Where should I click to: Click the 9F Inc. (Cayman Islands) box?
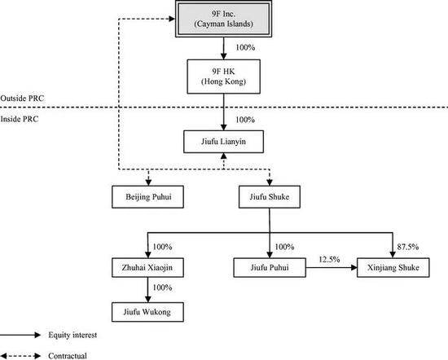pyautogui.click(x=223, y=19)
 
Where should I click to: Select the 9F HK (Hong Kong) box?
pyautogui.click(x=223, y=77)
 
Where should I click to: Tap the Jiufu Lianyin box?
pyautogui.click(x=223, y=142)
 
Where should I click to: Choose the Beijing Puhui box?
pyautogui.click(x=147, y=197)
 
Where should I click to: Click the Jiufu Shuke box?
pyautogui.click(x=270, y=197)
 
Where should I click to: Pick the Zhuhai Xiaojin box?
pyautogui.click(x=147, y=268)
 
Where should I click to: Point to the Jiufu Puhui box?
pyautogui.click(x=270, y=268)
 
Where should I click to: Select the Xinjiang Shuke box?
pyautogui.click(x=393, y=268)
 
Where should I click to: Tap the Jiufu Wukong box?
pyautogui.click(x=147, y=312)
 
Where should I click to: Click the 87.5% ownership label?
pyautogui.click(x=408, y=247)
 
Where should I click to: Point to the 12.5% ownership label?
pyautogui.click(x=329, y=260)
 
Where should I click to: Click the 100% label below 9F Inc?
pyautogui.click(x=245, y=47)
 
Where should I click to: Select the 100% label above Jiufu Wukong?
pyautogui.click(x=162, y=288)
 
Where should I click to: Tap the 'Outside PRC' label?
pyautogui.click(x=22, y=99)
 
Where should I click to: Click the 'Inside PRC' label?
pyautogui.click(x=20, y=119)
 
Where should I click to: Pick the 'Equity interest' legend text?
pyautogui.click(x=72, y=335)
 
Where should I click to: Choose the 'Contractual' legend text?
pyautogui.click(x=68, y=356)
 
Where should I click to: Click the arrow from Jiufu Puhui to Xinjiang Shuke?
pyautogui.click(x=332, y=268)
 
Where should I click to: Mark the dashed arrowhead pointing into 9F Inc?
pyautogui.click(x=172, y=19)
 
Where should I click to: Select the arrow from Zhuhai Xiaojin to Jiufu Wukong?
pyautogui.click(x=147, y=290)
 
